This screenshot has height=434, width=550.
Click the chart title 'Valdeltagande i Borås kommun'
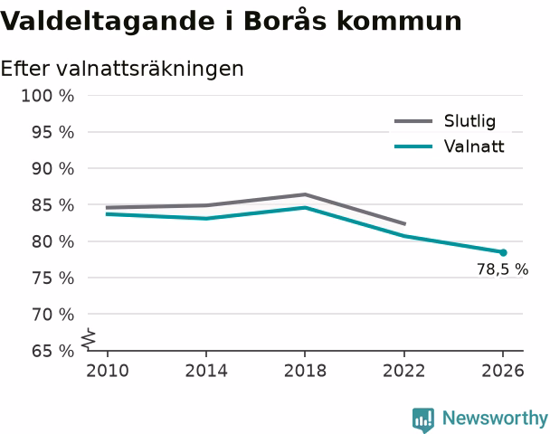(x=231, y=21)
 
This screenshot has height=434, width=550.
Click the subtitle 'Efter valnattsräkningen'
(x=122, y=69)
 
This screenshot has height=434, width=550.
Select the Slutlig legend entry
(x=445, y=121)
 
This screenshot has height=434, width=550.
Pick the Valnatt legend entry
(x=450, y=146)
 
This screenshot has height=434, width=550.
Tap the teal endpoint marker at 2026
(x=503, y=252)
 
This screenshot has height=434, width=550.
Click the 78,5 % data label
(x=502, y=269)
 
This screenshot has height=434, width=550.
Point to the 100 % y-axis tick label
(x=48, y=96)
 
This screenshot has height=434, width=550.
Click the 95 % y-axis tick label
(x=53, y=133)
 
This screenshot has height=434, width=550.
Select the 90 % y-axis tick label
(x=53, y=169)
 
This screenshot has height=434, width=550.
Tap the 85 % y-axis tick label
(x=53, y=205)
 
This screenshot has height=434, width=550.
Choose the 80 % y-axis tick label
(x=53, y=242)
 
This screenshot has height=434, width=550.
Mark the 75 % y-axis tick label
(x=53, y=278)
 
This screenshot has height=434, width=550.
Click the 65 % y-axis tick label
(x=53, y=351)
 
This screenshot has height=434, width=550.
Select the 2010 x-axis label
(x=108, y=371)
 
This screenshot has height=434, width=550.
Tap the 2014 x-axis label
(x=206, y=371)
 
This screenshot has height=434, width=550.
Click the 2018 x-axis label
(x=305, y=371)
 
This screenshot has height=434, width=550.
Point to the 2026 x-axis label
(x=503, y=371)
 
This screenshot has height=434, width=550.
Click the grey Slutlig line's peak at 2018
(x=305, y=194)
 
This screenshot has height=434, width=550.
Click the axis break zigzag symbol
(x=89, y=339)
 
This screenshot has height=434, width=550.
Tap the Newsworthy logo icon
(x=423, y=420)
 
